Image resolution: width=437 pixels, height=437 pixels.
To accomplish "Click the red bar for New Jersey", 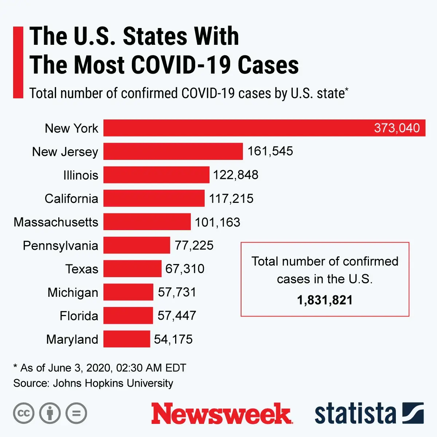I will pos(173,151).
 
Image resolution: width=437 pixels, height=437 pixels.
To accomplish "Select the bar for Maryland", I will pos(127,339).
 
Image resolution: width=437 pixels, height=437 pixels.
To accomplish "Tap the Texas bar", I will pos(132,269).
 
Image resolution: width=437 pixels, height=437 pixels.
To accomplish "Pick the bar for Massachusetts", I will pos(147,222).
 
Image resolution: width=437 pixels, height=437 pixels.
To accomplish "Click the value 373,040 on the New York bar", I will pos(397,128).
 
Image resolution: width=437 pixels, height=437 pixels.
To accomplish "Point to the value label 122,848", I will pos(236,175).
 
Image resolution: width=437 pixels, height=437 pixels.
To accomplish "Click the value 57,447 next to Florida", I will pos(177,315).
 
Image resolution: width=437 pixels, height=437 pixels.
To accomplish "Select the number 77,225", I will pos(194,245).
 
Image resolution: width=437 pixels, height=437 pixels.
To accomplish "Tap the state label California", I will pos(71,198).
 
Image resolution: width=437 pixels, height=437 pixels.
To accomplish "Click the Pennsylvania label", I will pos(60,245).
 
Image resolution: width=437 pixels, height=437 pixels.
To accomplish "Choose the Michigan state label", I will pos(73,292).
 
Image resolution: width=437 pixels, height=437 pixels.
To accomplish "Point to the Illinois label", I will pos(80,175).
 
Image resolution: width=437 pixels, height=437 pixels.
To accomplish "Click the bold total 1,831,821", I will pos(325,300).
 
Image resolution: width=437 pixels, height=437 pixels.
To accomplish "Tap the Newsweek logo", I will pos(221,414).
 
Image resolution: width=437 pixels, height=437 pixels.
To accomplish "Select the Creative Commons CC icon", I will pos(24,413).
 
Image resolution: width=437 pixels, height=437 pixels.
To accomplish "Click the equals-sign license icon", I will pos(76,413).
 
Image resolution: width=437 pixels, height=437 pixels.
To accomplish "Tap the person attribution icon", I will pos(50,413).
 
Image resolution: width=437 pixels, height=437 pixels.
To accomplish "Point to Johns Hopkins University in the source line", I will pos(113,383).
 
